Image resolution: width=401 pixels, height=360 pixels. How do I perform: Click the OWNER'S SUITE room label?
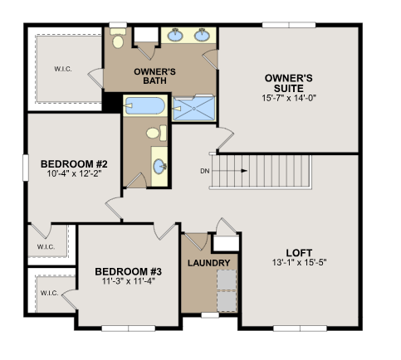(289, 83)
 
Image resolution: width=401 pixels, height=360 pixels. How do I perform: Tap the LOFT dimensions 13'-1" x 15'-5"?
(299, 262)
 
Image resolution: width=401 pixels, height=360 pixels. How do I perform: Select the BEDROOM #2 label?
(74, 164)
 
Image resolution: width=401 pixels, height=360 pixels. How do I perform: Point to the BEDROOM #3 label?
(128, 271)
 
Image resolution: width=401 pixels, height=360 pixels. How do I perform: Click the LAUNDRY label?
(209, 263)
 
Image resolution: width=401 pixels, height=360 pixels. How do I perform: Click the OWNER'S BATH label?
(154, 76)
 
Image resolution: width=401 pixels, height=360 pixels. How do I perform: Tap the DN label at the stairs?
(205, 171)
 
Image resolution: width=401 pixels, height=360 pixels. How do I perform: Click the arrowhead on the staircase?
(244, 171)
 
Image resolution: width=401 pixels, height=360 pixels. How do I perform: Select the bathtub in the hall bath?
(144, 105)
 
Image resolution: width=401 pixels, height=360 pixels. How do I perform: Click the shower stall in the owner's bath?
(193, 108)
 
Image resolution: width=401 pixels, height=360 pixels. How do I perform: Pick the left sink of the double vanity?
(175, 35)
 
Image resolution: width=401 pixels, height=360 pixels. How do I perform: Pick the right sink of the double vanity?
(202, 35)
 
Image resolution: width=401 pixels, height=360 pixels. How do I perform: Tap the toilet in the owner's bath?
(118, 38)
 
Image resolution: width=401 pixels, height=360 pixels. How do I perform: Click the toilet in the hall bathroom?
(157, 133)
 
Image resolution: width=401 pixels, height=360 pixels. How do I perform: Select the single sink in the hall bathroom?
(160, 167)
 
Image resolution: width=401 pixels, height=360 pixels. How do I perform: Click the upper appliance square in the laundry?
(227, 280)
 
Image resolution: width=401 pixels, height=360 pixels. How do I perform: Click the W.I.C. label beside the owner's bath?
(63, 69)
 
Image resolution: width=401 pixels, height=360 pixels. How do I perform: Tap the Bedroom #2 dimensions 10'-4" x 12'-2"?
(74, 174)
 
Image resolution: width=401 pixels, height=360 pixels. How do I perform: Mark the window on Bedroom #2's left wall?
(26, 168)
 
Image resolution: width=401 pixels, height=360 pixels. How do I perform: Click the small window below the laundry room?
(210, 315)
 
